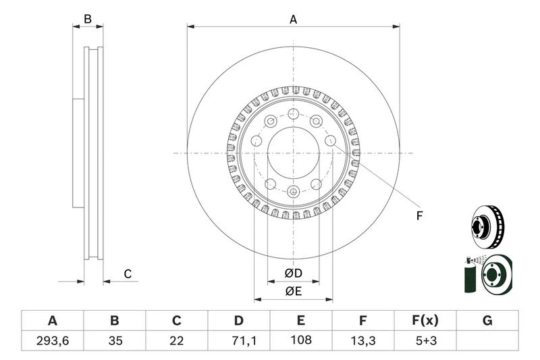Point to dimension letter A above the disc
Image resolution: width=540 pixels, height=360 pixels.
293,20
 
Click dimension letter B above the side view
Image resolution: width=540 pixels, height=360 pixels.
87,20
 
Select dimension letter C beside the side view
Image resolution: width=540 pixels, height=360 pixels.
126,274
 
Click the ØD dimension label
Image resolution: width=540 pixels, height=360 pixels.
292,273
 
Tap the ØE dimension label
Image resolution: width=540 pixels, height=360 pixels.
292,292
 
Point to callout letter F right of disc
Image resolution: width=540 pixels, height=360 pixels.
419,216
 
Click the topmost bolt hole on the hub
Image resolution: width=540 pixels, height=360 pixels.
293,113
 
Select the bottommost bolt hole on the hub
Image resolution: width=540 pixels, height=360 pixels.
293,192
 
